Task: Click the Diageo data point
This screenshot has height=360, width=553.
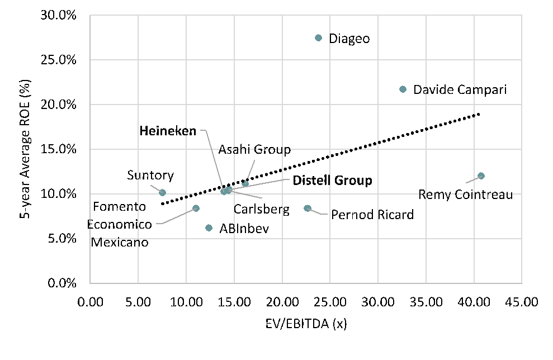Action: [x=319, y=38]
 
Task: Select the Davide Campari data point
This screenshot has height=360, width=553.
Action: [x=403, y=89]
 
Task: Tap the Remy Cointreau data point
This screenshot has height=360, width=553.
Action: [x=481, y=176]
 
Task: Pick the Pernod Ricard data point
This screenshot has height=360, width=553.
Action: [x=307, y=209]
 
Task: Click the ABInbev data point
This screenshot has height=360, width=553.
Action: [x=209, y=228]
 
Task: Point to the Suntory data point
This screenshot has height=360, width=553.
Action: [x=163, y=193]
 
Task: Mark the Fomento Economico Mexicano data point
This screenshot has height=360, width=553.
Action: [x=196, y=209]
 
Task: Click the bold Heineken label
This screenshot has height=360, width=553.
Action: [x=168, y=131]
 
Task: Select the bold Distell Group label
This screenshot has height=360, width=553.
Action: [x=333, y=181]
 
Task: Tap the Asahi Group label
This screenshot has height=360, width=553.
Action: [x=254, y=149]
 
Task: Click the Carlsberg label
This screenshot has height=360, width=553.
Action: [x=262, y=210]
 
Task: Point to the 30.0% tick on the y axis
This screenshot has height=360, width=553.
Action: [x=59, y=15]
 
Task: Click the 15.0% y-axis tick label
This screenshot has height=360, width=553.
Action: [x=59, y=149]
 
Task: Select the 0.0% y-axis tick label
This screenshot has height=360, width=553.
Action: [x=61, y=283]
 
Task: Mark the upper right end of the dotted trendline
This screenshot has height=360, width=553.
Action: [x=479, y=114]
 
